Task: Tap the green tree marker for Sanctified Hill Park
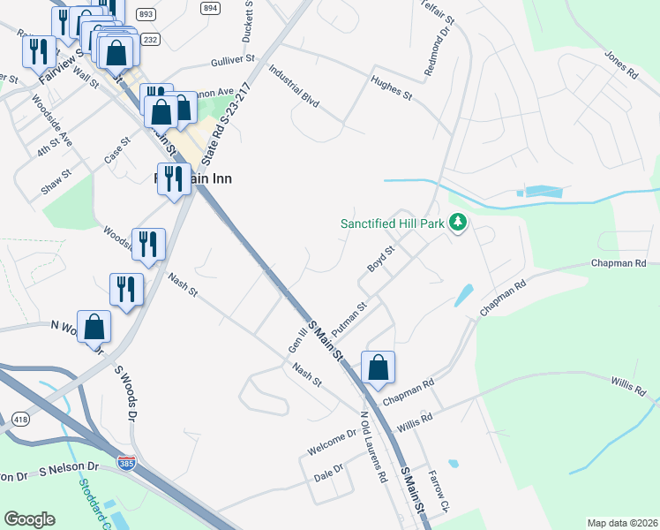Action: click(x=457, y=223)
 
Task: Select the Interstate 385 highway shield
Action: click(x=128, y=463)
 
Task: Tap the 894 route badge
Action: click(x=209, y=8)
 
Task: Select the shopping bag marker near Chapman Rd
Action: click(x=378, y=368)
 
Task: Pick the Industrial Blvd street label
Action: click(x=294, y=85)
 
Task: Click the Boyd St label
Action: click(x=380, y=261)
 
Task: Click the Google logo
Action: click(x=29, y=519)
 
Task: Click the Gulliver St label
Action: click(x=232, y=61)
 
